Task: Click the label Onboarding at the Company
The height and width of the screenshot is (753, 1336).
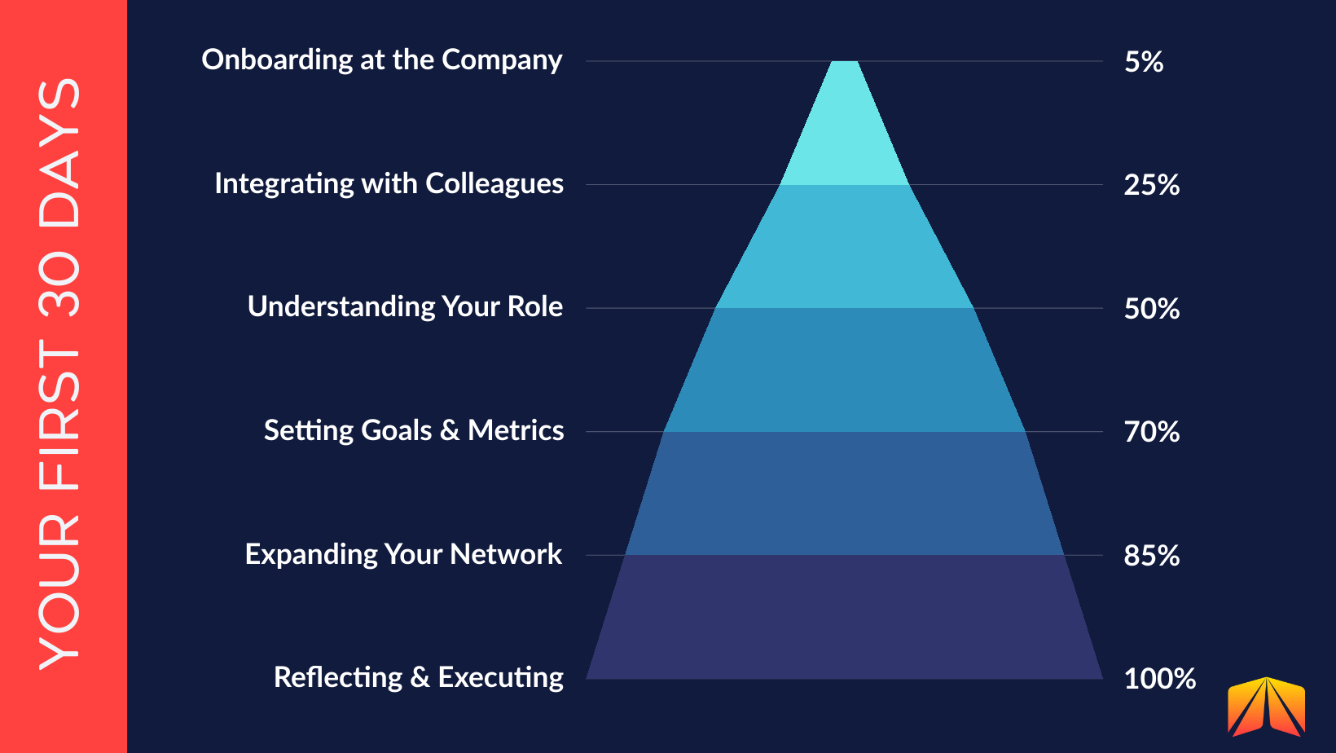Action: click(x=382, y=60)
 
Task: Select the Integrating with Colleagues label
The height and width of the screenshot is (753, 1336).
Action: click(x=389, y=184)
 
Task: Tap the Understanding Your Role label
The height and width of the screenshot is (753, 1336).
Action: click(x=405, y=307)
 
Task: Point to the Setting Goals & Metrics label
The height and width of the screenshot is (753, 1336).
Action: click(x=414, y=430)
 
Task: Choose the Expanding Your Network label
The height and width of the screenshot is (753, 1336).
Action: click(x=403, y=554)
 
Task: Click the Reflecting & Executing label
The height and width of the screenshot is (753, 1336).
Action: click(x=418, y=677)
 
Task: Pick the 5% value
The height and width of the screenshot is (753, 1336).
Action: click(x=1144, y=62)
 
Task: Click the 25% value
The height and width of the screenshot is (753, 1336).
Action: click(x=1152, y=185)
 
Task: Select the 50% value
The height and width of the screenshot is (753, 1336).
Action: click(x=1152, y=309)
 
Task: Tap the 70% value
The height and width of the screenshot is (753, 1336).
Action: click(x=1152, y=432)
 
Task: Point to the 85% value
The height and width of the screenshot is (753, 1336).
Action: click(x=1152, y=556)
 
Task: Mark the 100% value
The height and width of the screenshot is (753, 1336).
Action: click(x=1159, y=679)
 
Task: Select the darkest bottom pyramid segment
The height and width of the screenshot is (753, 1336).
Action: click(x=845, y=618)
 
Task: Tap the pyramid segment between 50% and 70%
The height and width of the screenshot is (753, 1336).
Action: click(x=845, y=370)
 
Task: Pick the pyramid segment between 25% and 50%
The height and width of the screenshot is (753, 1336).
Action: click(x=845, y=247)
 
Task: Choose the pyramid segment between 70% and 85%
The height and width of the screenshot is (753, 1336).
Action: click(x=845, y=494)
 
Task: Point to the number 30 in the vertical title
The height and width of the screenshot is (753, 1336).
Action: click(x=60, y=284)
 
